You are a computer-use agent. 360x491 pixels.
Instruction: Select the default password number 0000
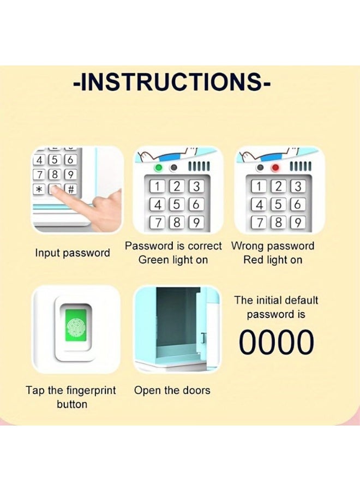pos(277,343)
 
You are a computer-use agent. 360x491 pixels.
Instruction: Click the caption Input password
pos(73,253)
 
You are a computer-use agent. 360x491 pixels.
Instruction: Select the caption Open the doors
pos(172,390)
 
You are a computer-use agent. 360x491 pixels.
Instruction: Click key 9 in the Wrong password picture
pos(297,223)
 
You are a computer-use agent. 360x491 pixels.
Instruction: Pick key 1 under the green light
pos(158,186)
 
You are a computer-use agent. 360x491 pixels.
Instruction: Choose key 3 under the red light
pos(297,186)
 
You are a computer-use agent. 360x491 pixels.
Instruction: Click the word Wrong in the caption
pos(248,246)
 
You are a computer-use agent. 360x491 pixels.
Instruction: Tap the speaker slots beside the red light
pos(300,166)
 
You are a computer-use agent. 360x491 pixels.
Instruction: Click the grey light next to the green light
pos(174,167)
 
